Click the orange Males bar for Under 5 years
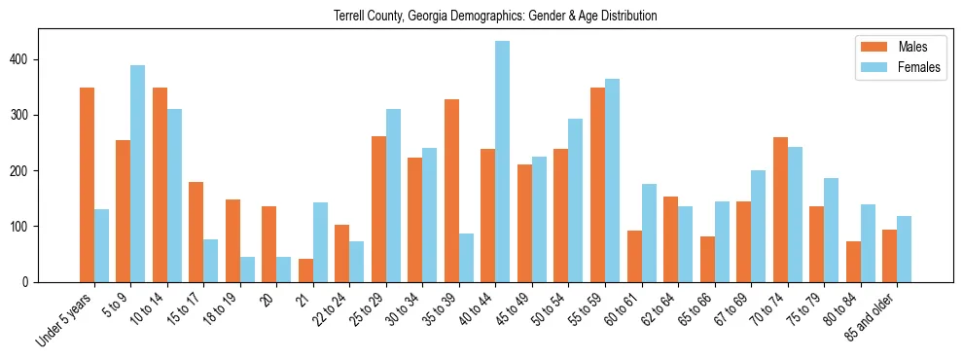[88, 185]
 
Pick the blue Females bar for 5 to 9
[138, 173]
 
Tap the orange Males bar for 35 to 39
[452, 191]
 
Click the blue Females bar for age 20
[284, 270]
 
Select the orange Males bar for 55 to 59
[598, 185]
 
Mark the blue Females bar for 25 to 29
[394, 196]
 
